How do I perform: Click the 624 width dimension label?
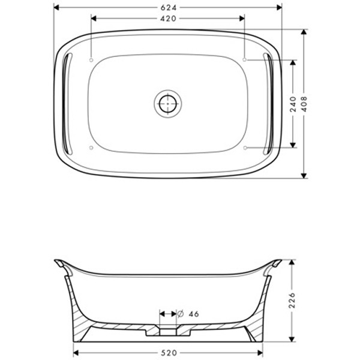(168, 7)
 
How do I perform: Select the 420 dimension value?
(168, 19)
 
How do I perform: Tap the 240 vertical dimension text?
(293, 103)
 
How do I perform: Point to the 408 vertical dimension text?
(304, 103)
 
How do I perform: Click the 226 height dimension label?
(292, 300)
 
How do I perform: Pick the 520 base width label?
(168, 353)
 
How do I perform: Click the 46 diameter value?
(193, 314)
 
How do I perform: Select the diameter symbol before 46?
(180, 314)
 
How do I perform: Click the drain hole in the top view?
(167, 104)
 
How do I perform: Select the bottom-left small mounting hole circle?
(91, 147)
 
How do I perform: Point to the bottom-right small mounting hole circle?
(245, 147)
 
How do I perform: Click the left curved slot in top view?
(67, 103)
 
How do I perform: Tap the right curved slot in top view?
(269, 103)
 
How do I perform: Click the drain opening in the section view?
(168, 329)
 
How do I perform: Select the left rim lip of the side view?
(60, 263)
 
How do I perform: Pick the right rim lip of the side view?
(276, 263)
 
